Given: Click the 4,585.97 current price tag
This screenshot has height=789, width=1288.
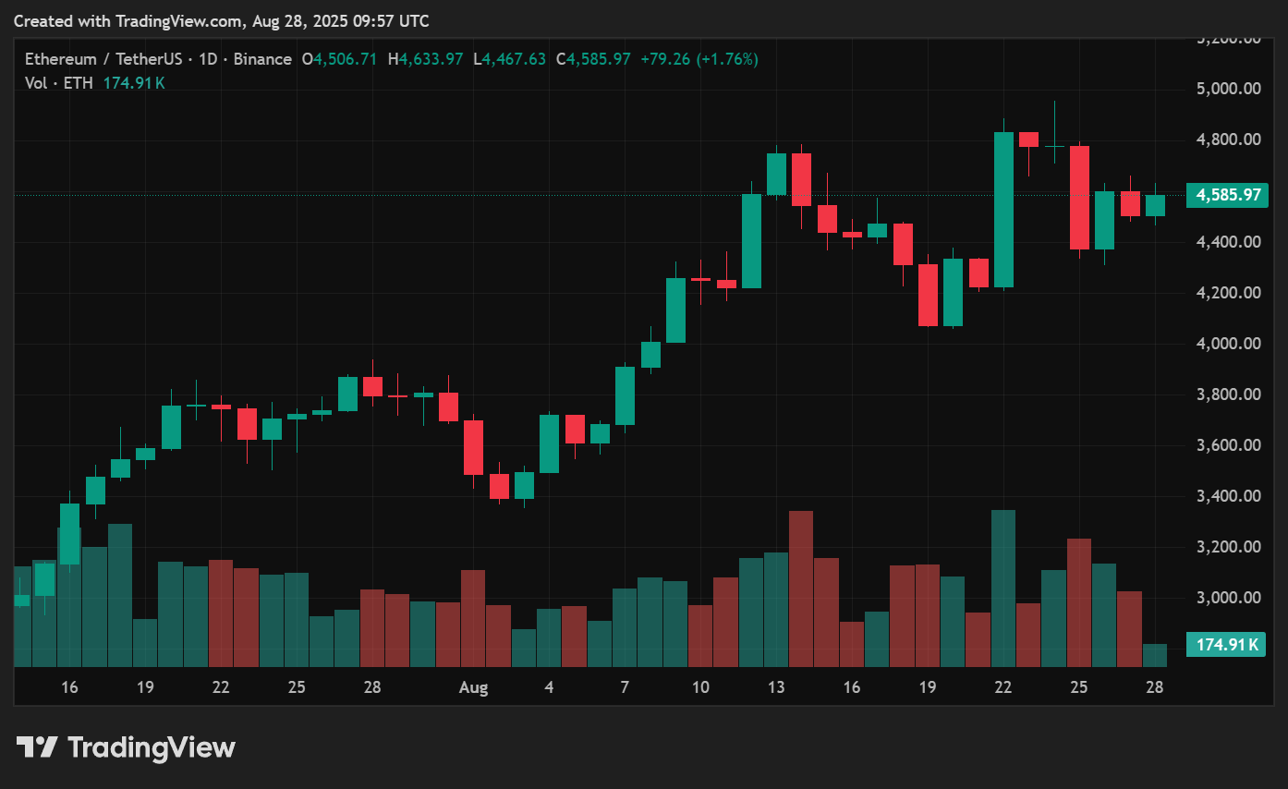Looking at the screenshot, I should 1228,195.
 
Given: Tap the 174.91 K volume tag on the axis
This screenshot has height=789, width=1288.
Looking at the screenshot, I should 1228,645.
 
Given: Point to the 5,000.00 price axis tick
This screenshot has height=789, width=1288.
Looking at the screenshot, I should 1228,90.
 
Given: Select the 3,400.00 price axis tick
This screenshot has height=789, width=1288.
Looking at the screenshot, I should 1228,496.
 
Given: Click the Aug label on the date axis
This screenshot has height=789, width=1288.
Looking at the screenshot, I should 473,687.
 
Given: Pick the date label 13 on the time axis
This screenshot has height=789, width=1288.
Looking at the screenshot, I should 776,687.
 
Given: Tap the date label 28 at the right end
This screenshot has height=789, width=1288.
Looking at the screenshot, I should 1154,687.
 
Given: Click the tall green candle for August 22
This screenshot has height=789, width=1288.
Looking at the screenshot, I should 1003,210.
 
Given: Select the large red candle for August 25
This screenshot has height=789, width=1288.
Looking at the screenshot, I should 1079,197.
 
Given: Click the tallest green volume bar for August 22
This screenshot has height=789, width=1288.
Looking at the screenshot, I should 1003,588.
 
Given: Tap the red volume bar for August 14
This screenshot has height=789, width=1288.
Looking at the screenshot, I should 801,589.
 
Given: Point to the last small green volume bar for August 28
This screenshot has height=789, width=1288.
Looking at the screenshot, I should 1155,655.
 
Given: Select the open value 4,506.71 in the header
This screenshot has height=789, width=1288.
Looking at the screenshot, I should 345,59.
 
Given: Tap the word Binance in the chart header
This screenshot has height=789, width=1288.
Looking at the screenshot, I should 263,59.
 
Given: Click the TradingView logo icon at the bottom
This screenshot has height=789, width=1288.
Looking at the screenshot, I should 38,747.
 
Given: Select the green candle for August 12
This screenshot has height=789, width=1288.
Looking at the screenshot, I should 751,241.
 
